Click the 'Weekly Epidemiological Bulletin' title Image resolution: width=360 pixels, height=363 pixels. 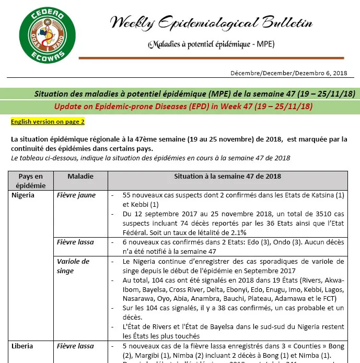(211, 23)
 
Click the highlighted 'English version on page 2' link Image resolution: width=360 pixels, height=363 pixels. (48, 122)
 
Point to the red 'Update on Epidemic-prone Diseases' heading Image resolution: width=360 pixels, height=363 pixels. (183, 107)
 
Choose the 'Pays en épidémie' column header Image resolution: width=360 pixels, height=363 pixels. (30, 180)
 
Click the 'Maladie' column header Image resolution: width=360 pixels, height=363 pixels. (80, 177)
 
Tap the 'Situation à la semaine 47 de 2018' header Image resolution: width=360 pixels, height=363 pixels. (227, 177)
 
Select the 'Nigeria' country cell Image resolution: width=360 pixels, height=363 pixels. (23, 195)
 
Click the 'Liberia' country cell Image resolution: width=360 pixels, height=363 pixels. (22, 346)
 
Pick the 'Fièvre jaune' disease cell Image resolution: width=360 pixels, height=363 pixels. (74, 195)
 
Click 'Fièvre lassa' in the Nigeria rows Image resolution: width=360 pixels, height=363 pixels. (75, 242)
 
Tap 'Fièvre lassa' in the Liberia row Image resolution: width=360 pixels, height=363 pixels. (75, 346)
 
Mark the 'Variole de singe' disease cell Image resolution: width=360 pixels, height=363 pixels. (73, 266)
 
